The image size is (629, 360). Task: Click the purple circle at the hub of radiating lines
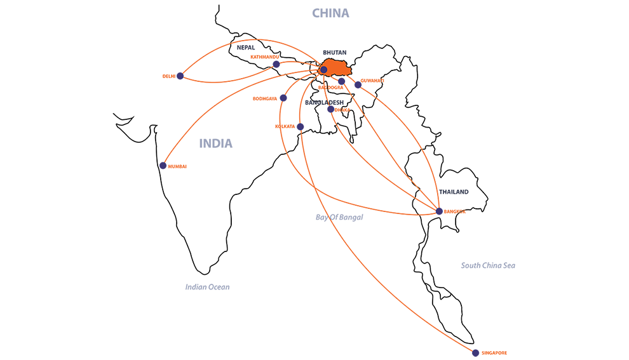[x=323, y=70]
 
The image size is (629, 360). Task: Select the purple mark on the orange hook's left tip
[x=163, y=166]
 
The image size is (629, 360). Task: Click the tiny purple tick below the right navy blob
[x=439, y=211]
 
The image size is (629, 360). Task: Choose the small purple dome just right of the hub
[x=343, y=81]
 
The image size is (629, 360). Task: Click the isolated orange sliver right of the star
[x=387, y=79]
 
